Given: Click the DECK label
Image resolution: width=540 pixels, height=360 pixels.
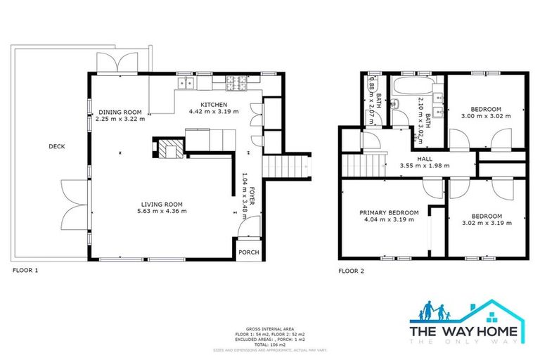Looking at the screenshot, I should coord(57,147).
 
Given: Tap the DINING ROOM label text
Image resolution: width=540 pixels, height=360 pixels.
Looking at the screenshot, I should coord(120,112).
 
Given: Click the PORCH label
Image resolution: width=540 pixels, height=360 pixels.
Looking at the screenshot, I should coord(248,253).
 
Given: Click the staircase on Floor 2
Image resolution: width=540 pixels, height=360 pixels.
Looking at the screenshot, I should coord(358,167).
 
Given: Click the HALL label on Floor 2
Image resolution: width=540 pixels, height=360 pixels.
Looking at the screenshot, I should coord(424,159).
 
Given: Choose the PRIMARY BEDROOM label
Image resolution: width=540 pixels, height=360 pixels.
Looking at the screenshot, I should coord(389,213).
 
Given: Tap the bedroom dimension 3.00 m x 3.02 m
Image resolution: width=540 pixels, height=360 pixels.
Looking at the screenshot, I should coord(485,116).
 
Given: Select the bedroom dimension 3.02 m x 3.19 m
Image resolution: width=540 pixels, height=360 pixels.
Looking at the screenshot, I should coord(487,223).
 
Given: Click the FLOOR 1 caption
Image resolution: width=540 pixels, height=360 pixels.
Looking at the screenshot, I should coord(25,270).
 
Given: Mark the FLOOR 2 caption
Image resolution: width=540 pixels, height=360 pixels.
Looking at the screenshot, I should coord(352,270).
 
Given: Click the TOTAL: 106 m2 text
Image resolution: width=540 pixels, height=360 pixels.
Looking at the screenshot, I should coord(270,345).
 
